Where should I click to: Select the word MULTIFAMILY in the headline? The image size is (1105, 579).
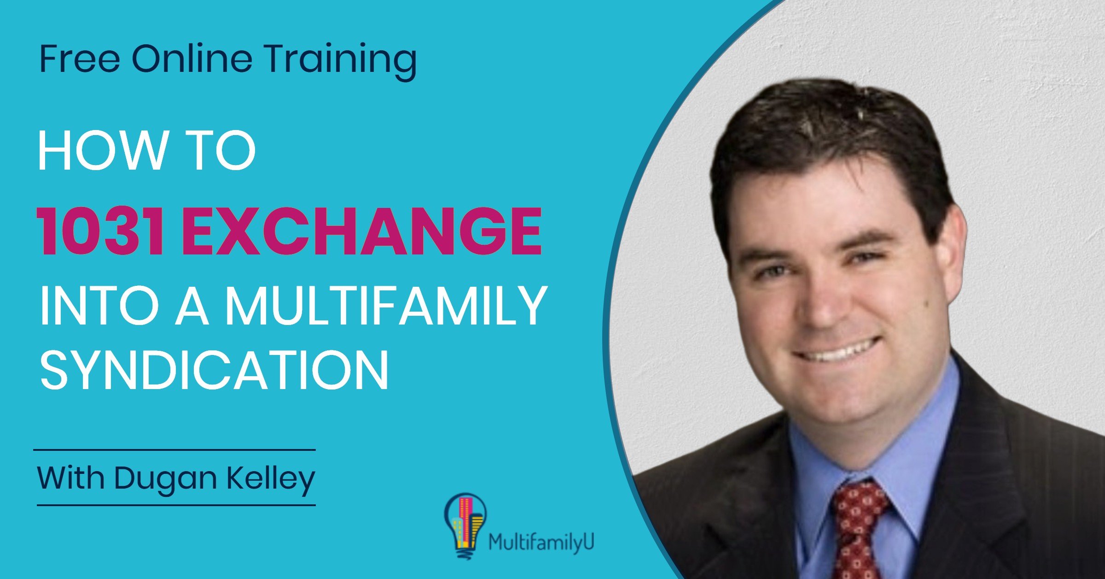[386, 307]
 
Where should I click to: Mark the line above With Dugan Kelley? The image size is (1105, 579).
[174, 450]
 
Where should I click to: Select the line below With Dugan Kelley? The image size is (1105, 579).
[176, 505]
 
